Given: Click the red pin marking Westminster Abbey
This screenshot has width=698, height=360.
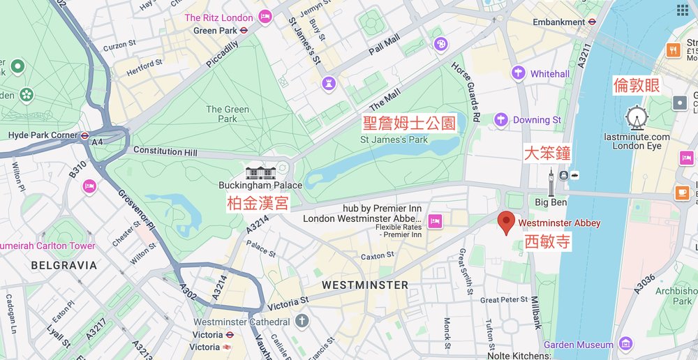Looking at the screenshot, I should coord(507,223).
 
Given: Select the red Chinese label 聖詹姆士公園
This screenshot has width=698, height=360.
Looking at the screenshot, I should coord(408,123).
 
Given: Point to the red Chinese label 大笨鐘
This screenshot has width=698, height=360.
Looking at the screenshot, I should coord(548,153).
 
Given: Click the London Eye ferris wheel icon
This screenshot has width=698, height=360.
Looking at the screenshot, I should coord(637,118).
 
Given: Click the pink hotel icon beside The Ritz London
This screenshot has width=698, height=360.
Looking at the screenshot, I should coord(265,16).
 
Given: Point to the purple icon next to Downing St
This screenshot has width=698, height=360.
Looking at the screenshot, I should coord(500,120).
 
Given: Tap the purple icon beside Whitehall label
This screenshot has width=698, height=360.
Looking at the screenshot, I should coord(518,73).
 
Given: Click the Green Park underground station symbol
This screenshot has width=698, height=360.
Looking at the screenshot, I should coord(244,31).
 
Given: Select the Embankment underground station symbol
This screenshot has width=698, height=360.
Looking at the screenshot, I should coord(592,22).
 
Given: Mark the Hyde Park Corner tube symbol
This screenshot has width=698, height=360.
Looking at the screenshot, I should coord(84,135).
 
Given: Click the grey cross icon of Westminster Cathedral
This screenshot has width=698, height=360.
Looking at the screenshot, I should coord(302,322).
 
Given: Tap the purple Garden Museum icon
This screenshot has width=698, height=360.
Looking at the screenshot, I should coord(625,344).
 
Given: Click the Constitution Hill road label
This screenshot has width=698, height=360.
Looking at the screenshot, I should coord(165,151).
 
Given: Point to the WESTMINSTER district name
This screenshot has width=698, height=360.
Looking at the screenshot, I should coord(364,285).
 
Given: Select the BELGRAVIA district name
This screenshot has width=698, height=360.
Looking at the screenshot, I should coord(64,265).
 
